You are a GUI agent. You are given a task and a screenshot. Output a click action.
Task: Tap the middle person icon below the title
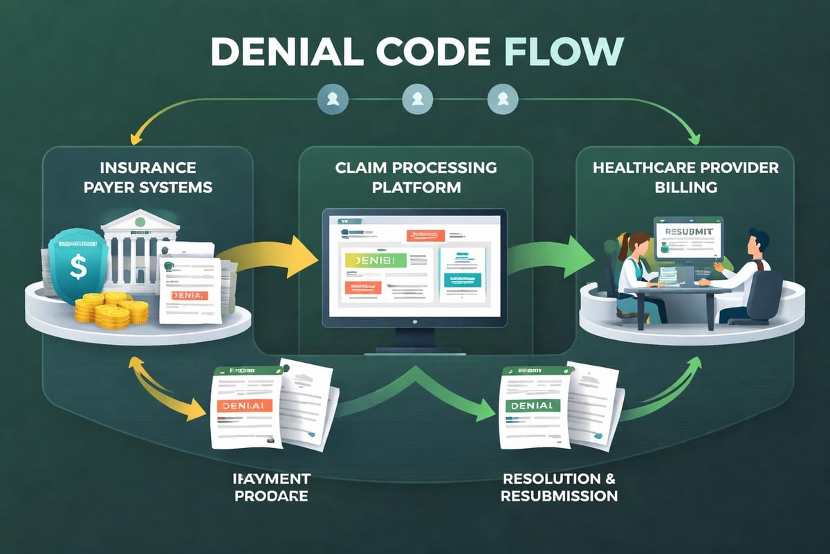point(414,99)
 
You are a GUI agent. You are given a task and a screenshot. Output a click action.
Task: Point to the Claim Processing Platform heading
point(415,177)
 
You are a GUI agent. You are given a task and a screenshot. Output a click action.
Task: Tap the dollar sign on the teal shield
point(78,267)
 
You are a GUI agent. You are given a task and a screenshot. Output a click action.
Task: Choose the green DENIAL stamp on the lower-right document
point(531,405)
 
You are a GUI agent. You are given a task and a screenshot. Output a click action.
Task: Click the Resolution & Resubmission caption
point(559,488)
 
